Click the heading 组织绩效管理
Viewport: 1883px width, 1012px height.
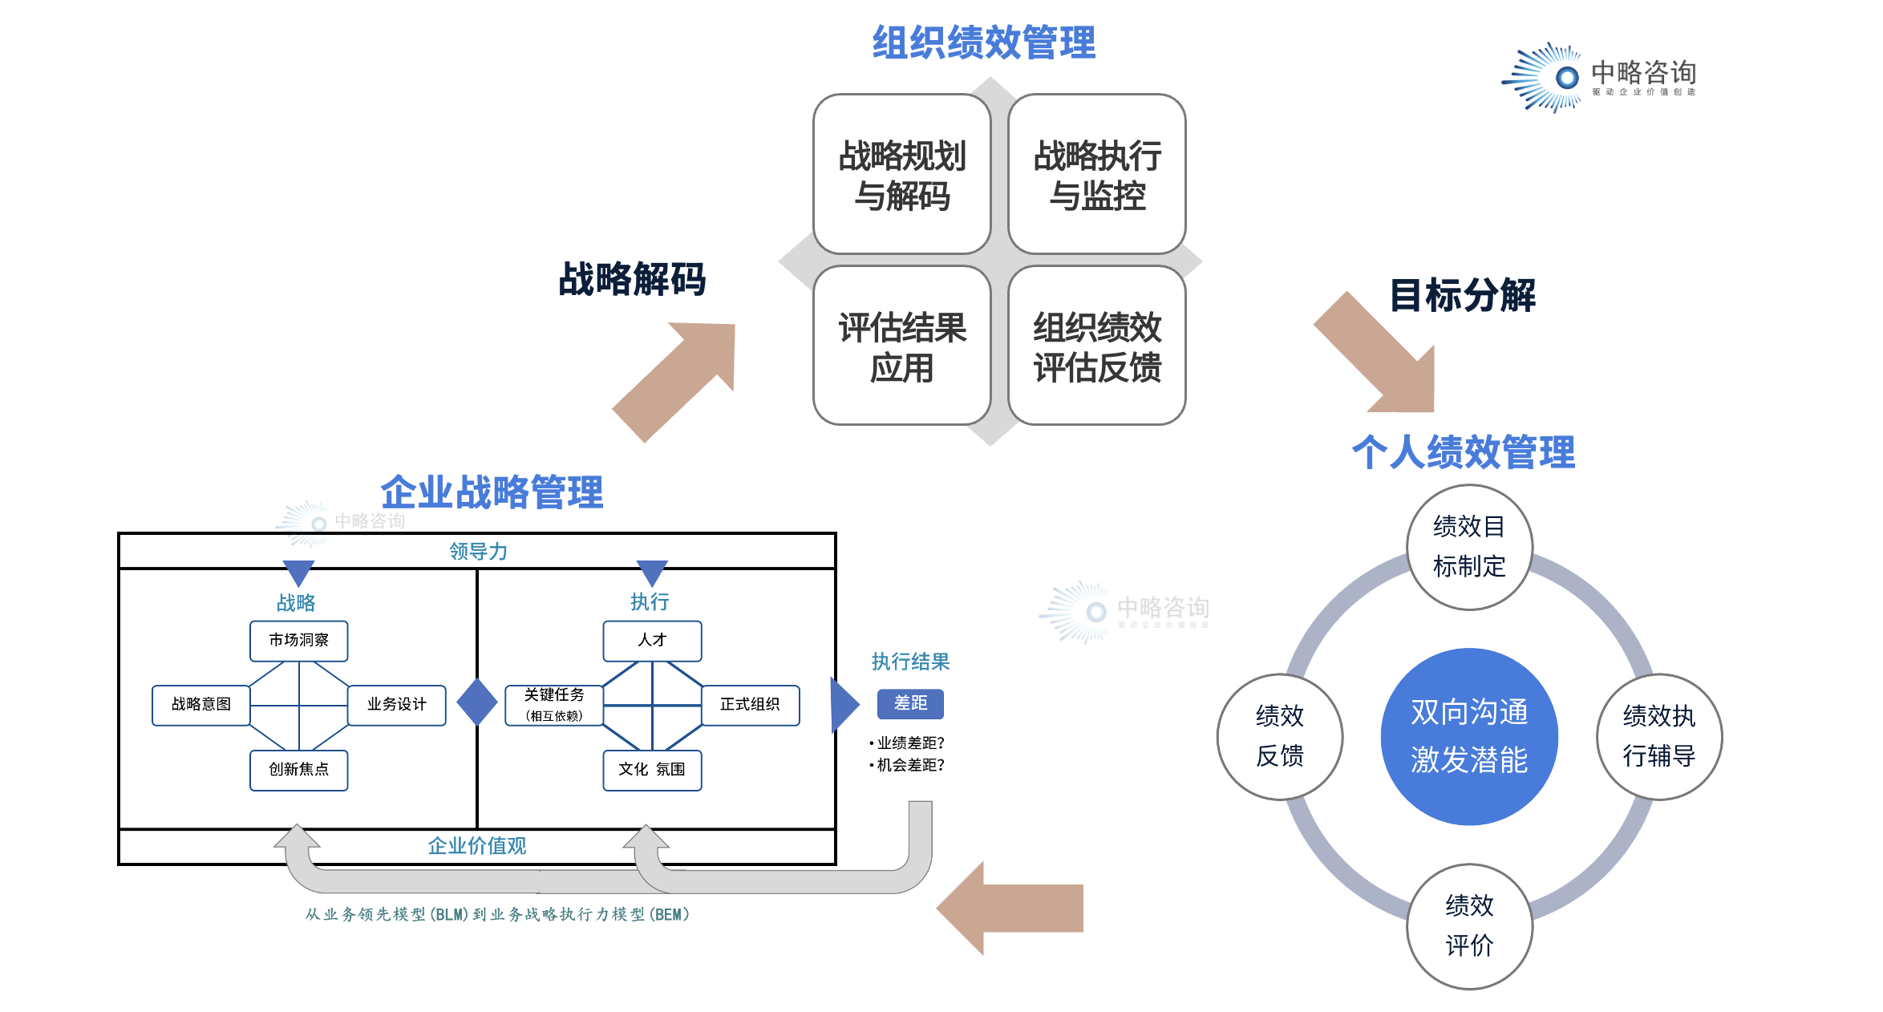[x=983, y=43]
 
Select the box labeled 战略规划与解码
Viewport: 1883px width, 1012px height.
[x=901, y=175]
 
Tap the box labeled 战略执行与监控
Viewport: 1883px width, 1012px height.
[x=1096, y=175]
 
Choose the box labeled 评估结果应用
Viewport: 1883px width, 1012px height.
[x=901, y=346]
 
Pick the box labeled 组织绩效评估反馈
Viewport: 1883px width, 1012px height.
[x=1096, y=346]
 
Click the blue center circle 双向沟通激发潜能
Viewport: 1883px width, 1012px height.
[x=1468, y=736]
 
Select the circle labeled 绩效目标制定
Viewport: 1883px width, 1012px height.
[x=1469, y=547]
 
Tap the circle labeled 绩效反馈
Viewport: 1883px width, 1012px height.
[x=1279, y=736]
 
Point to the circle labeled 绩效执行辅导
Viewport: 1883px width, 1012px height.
[x=1658, y=736]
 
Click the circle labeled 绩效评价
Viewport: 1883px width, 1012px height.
[x=1469, y=926]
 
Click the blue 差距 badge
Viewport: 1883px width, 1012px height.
[x=910, y=703]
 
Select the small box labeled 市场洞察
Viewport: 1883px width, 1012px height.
[x=298, y=641]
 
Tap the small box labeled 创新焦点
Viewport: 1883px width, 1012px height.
[x=298, y=770]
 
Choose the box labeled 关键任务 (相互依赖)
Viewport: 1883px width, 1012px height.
[x=554, y=705]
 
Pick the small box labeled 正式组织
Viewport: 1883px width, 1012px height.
[x=750, y=705]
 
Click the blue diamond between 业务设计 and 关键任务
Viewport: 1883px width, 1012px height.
[x=477, y=702]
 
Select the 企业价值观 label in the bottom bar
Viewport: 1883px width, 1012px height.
[x=476, y=846]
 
